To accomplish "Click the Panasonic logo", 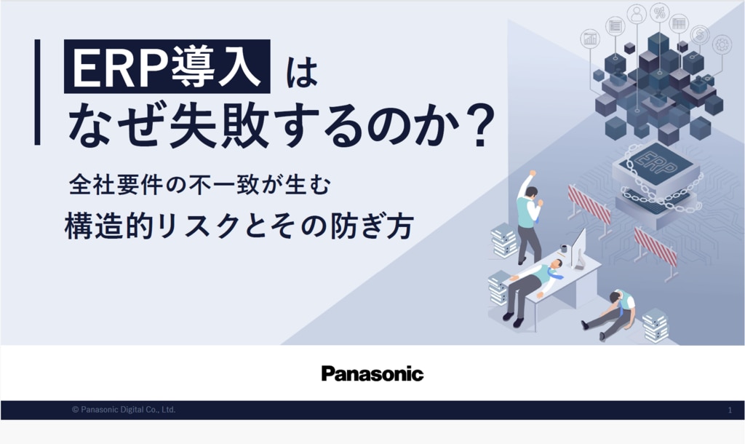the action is [x=372, y=373].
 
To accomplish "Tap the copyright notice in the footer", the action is [x=124, y=409].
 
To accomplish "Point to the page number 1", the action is [x=730, y=411].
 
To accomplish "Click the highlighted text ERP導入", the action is [x=167, y=66].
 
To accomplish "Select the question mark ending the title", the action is [x=481, y=125].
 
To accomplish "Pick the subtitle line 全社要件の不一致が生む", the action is [x=199, y=185].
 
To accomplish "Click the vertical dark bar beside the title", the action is [x=38, y=92].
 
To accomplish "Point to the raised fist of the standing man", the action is [x=533, y=173].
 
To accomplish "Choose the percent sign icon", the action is [x=659, y=13].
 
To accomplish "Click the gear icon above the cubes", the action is [x=722, y=45].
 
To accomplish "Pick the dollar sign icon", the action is [x=699, y=34].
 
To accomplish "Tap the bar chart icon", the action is [x=591, y=39].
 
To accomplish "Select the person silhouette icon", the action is [x=637, y=14].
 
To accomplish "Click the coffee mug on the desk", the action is [x=564, y=249].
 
